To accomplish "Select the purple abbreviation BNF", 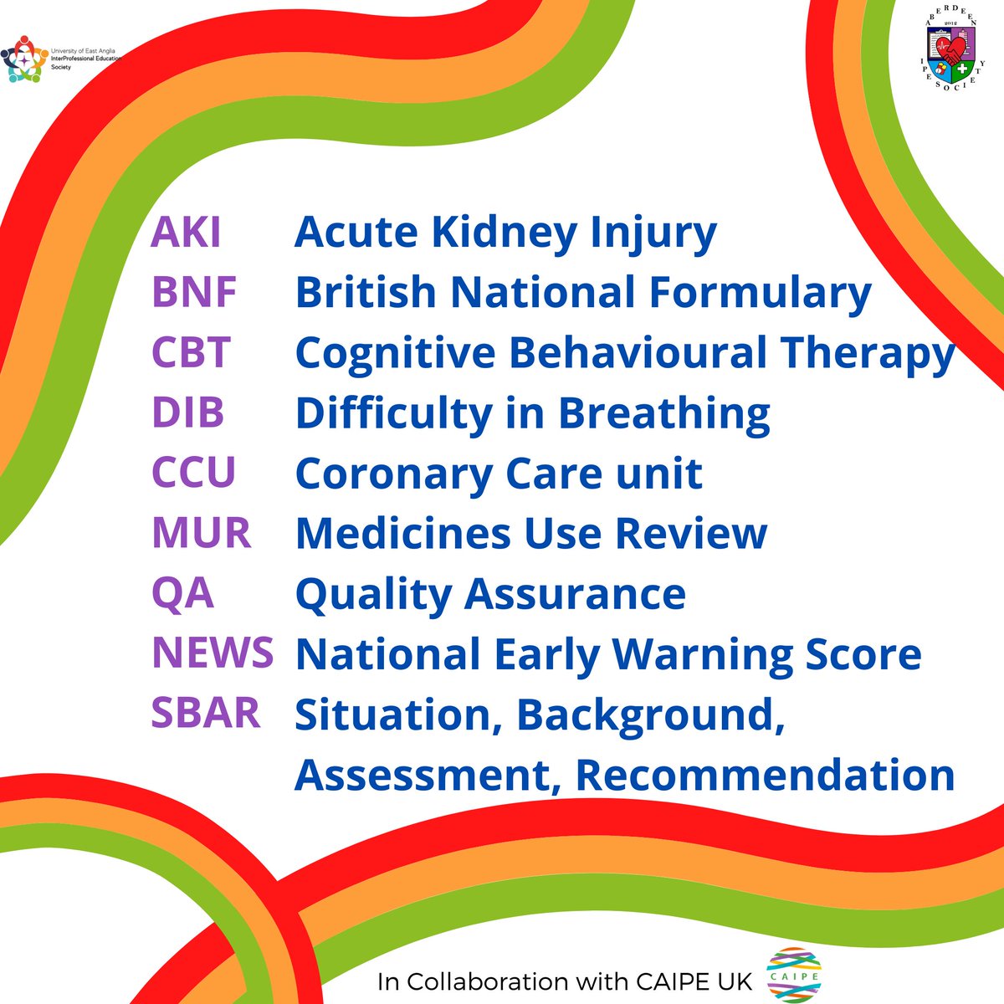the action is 194,292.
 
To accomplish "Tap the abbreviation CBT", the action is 192,351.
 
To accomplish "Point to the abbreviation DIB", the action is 187,412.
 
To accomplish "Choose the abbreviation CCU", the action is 194,472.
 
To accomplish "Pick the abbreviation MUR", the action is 202,532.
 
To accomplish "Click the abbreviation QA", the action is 183,593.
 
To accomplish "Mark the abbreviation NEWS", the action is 213,653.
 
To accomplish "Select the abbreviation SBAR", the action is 206,713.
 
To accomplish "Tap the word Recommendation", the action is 766,775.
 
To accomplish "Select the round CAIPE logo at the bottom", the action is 793,975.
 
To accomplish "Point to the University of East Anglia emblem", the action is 24,59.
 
